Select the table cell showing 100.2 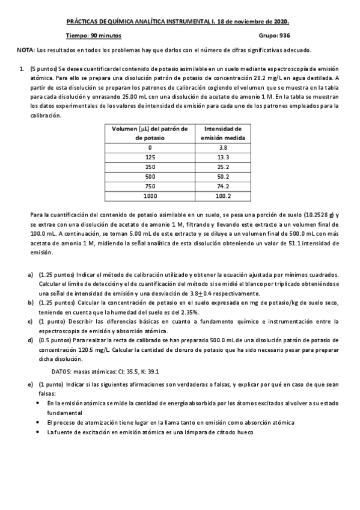pyautogui.click(x=223, y=195)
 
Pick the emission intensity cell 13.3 pyautogui.click(x=223, y=157)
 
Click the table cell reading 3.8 pyautogui.click(x=223, y=147)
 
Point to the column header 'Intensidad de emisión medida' pyautogui.click(x=223, y=133)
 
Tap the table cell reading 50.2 pyautogui.click(x=223, y=176)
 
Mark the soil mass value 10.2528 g pyautogui.click(x=322, y=215)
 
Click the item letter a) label pyautogui.click(x=31, y=274)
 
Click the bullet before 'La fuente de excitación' pyautogui.click(x=39, y=432)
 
